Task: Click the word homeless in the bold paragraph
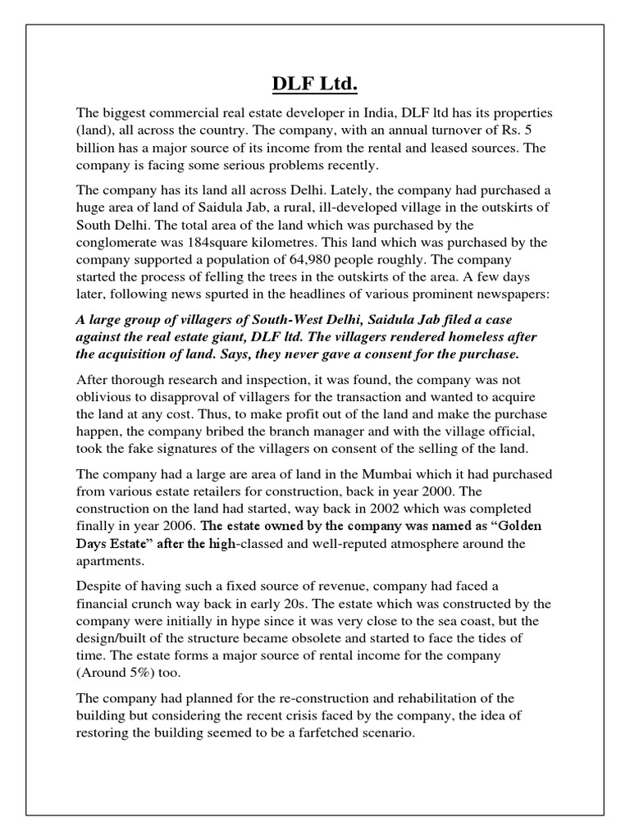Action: tap(471, 336)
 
